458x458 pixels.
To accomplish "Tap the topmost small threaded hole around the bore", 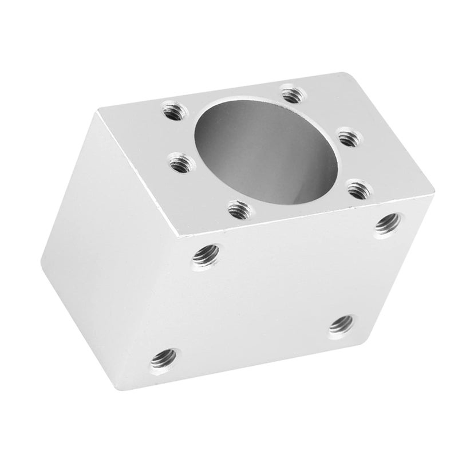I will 290,91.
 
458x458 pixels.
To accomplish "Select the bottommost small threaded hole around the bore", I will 236,208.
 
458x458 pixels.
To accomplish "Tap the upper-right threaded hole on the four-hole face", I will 388,222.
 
